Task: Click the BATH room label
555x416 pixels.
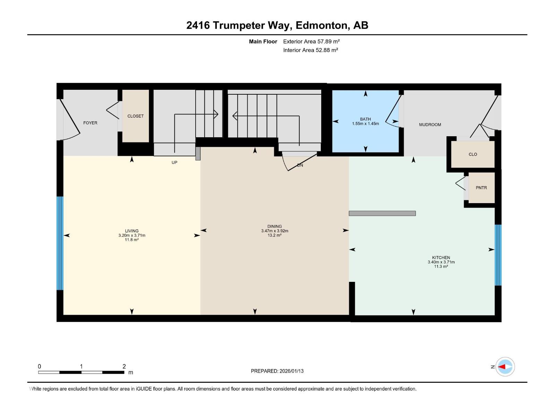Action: (x=365, y=119)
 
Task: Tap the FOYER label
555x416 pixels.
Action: (x=90, y=123)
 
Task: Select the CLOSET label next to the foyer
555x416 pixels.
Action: (x=135, y=116)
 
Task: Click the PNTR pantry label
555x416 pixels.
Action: (x=481, y=188)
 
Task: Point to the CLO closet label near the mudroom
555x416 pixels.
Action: (x=473, y=154)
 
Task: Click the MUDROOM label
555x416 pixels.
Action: (x=430, y=124)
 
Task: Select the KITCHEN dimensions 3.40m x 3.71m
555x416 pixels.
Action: (x=441, y=262)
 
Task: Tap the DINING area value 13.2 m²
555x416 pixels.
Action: (x=274, y=235)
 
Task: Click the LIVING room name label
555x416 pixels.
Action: (x=132, y=231)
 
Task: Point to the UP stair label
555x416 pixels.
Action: (x=174, y=162)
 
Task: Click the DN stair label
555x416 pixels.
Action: (x=300, y=165)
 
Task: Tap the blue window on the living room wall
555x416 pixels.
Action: (x=60, y=243)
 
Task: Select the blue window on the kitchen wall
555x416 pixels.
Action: (x=498, y=255)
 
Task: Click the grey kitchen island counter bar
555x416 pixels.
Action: (x=382, y=214)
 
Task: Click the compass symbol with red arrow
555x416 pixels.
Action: (x=505, y=366)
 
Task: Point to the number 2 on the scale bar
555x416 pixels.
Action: (x=124, y=366)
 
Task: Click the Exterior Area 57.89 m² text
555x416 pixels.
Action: (x=311, y=41)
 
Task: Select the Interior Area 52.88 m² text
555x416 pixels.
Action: (x=310, y=50)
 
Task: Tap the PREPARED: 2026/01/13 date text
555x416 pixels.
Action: (x=277, y=371)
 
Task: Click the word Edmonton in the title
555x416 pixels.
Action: (x=322, y=25)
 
